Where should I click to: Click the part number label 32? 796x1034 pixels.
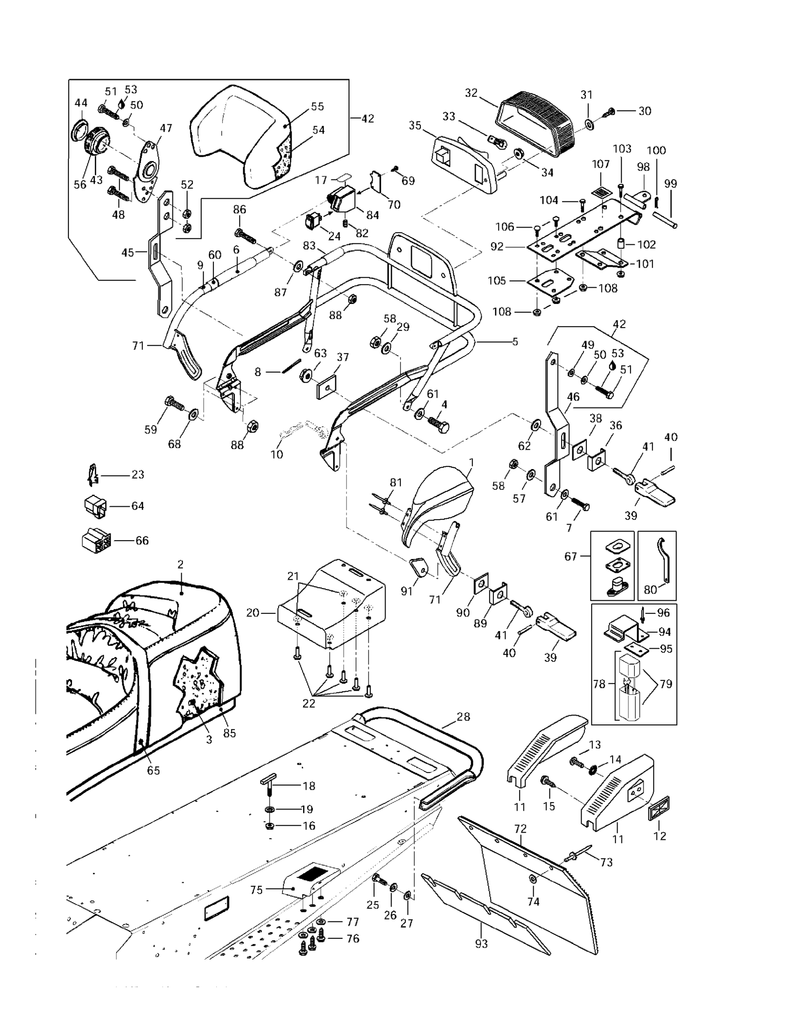click(x=471, y=93)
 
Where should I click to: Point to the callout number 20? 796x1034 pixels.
click(x=253, y=612)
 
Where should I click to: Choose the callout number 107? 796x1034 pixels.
click(x=601, y=164)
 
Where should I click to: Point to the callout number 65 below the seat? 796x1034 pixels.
click(x=153, y=770)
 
